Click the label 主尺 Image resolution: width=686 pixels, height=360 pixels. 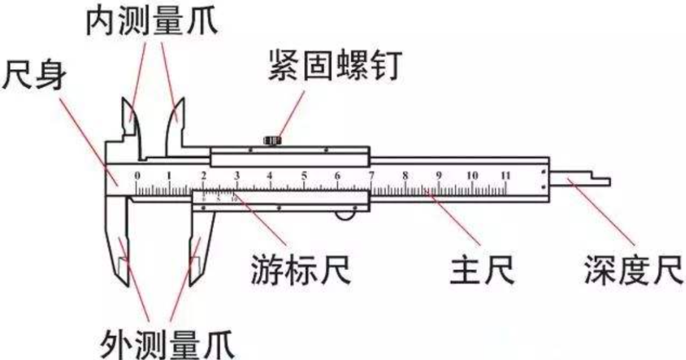click(482, 270)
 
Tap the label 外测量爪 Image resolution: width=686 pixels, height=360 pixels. click(168, 343)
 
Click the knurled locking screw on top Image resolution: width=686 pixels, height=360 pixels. click(272, 140)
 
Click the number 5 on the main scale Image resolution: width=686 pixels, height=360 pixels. click(304, 175)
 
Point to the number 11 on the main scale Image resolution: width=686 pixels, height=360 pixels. click(506, 175)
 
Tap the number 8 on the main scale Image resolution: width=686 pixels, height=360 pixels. click(405, 175)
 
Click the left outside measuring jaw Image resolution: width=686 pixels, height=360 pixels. click(121, 248)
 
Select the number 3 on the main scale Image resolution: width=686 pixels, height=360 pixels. click(236, 175)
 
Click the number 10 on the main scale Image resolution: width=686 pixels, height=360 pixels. click(472, 175)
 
